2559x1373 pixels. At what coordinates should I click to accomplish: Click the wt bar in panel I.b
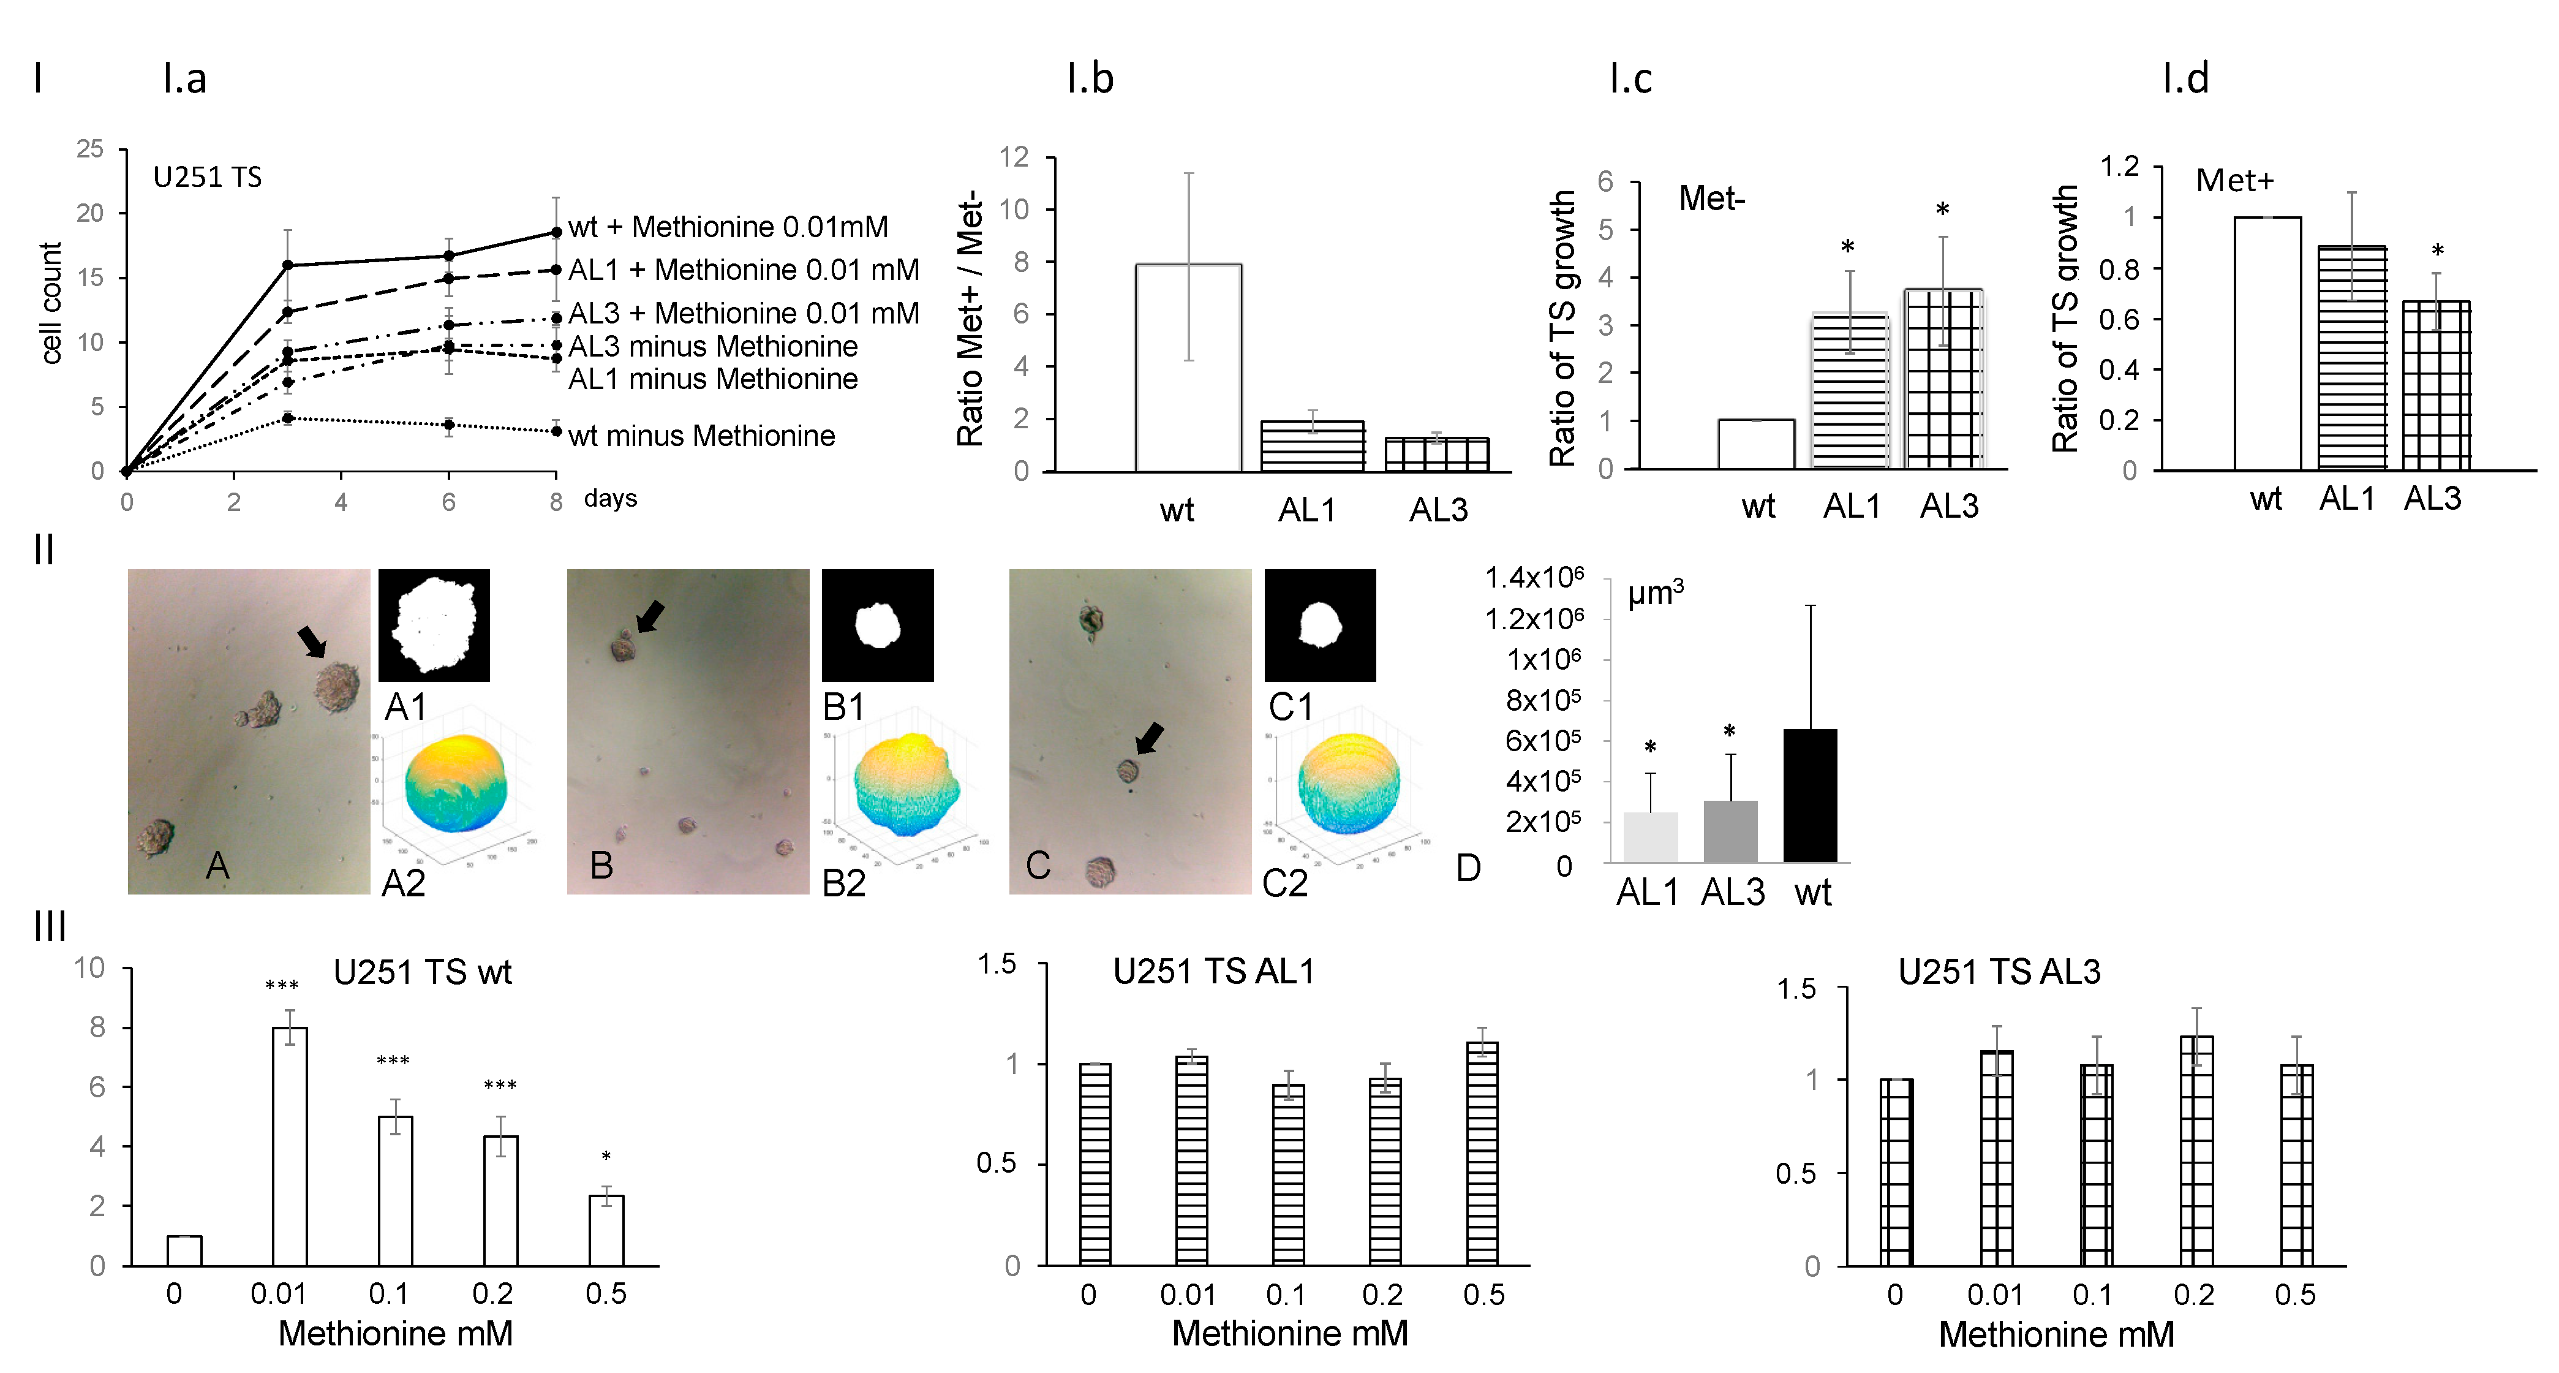1188,368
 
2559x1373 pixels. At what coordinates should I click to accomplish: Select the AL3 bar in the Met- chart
1943,379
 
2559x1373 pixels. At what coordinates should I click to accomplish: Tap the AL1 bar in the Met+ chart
2351,358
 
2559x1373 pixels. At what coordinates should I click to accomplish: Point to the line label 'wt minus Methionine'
701,436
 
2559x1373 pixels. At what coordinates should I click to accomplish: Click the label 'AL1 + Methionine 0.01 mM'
743,270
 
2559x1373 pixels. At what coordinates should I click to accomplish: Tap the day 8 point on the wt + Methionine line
556,232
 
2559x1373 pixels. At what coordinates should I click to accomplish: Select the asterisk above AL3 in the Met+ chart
2437,251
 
